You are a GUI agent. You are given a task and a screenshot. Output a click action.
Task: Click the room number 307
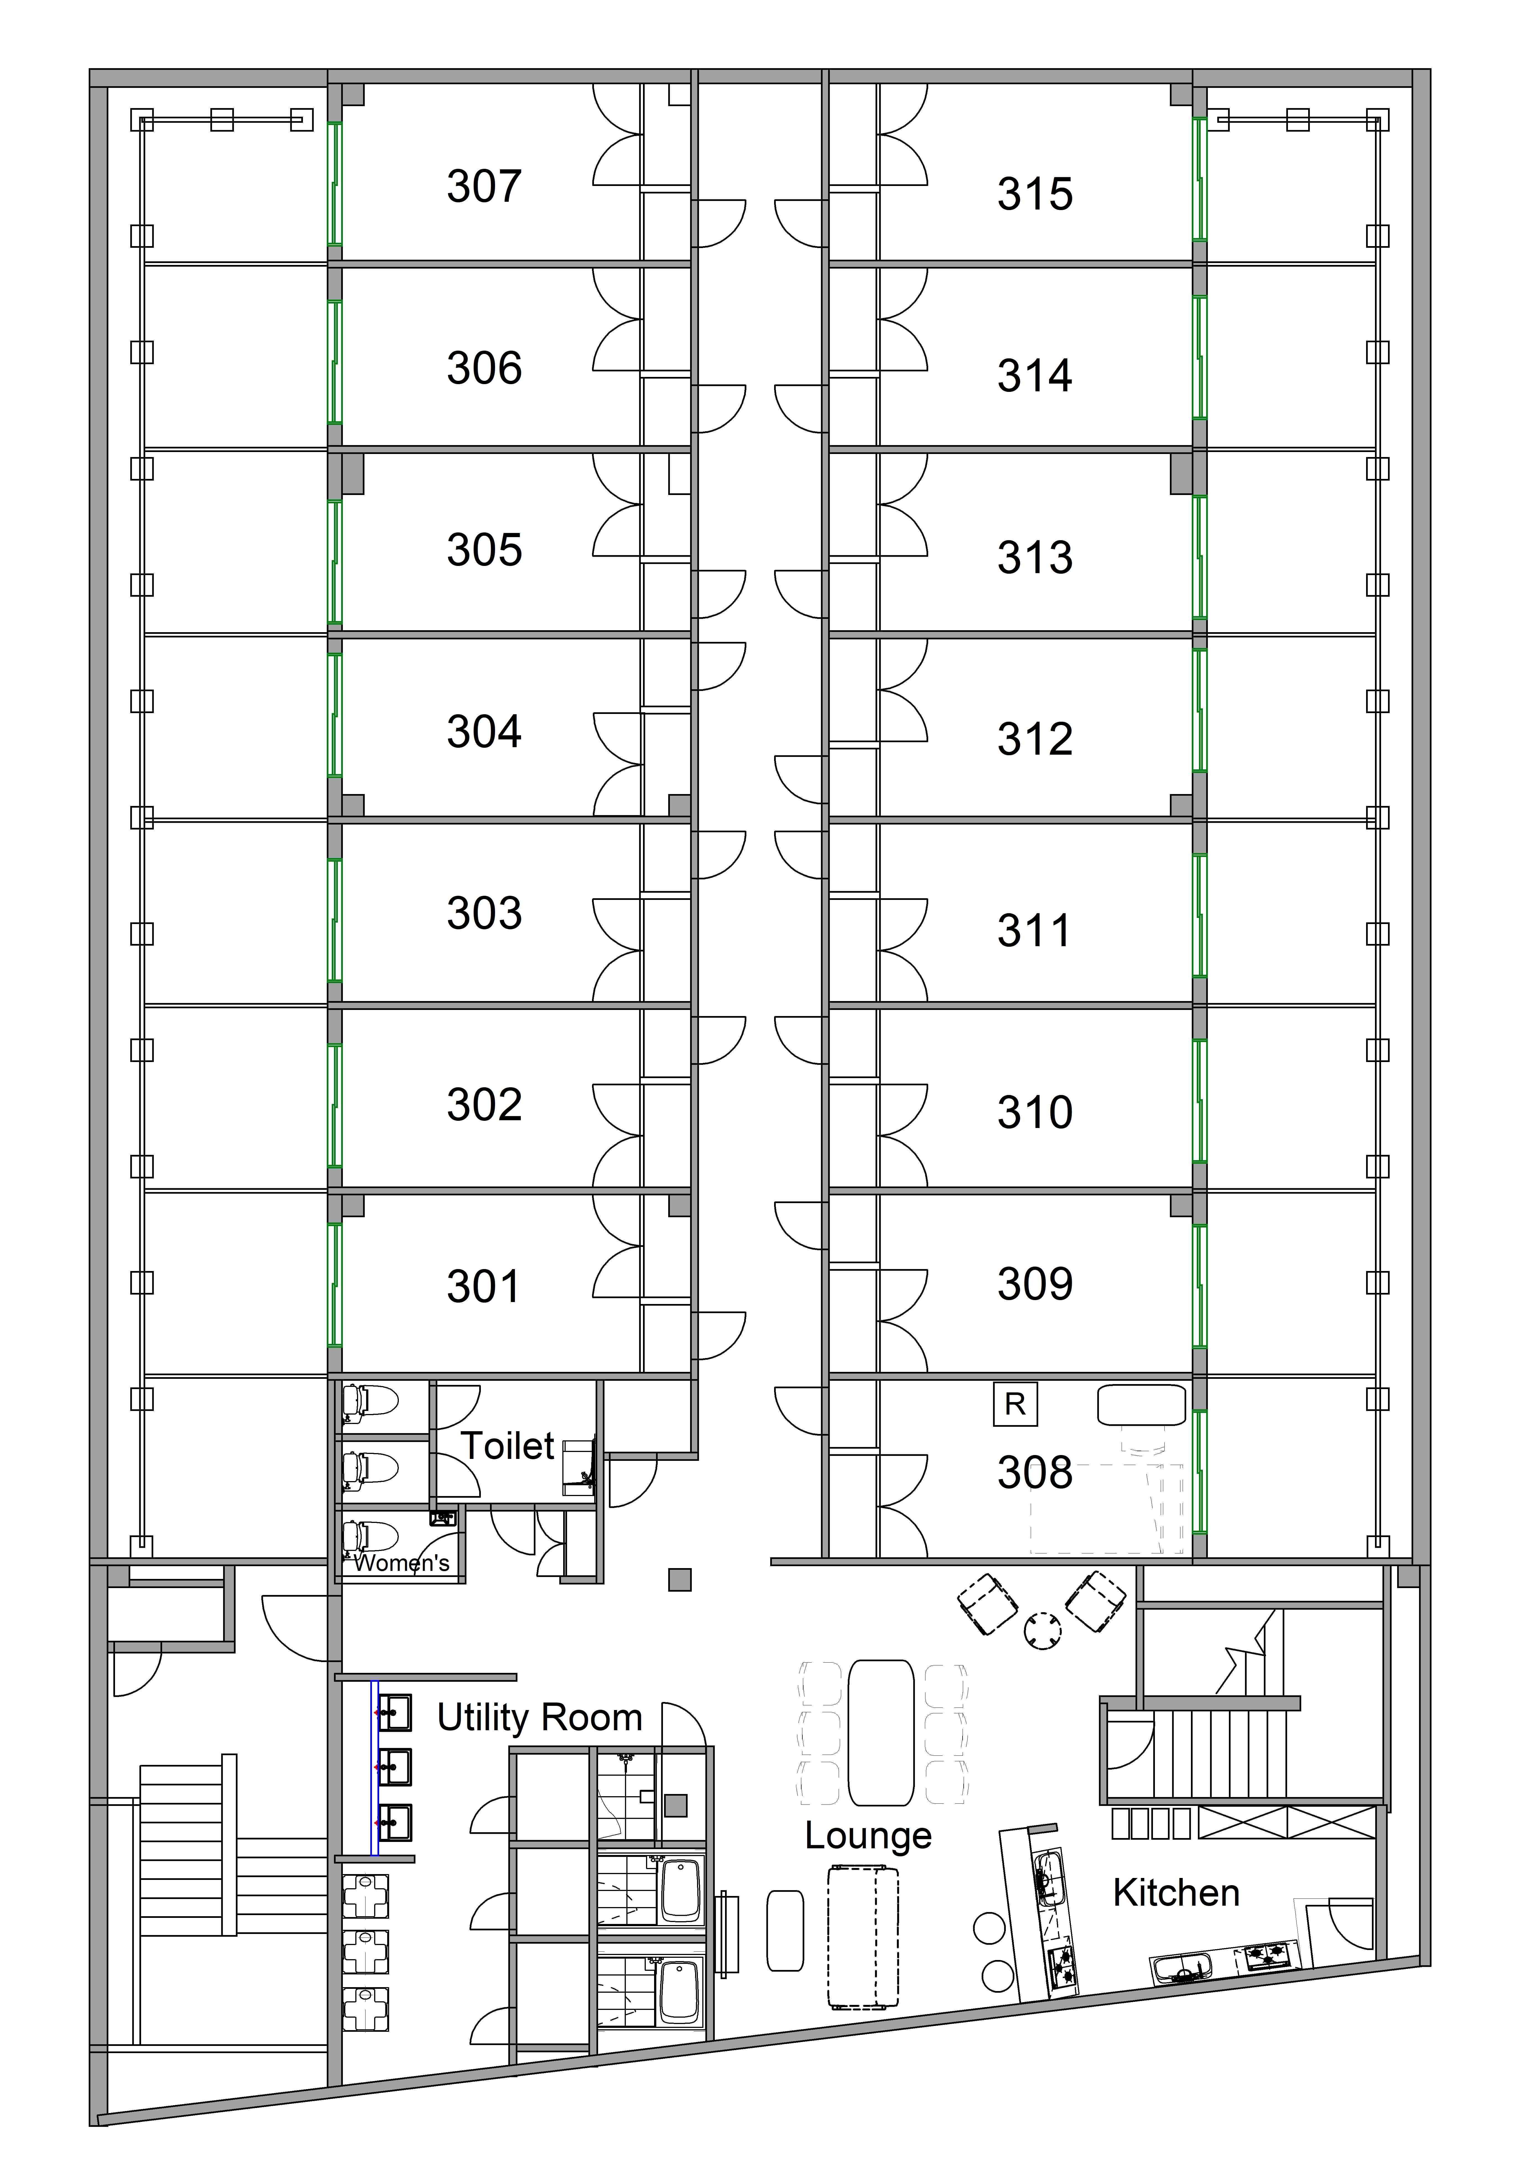[484, 186]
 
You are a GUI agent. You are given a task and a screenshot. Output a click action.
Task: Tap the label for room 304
[484, 731]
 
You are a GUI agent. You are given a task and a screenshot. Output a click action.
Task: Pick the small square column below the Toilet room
[680, 1580]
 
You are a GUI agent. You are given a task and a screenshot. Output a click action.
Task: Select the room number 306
[484, 368]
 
